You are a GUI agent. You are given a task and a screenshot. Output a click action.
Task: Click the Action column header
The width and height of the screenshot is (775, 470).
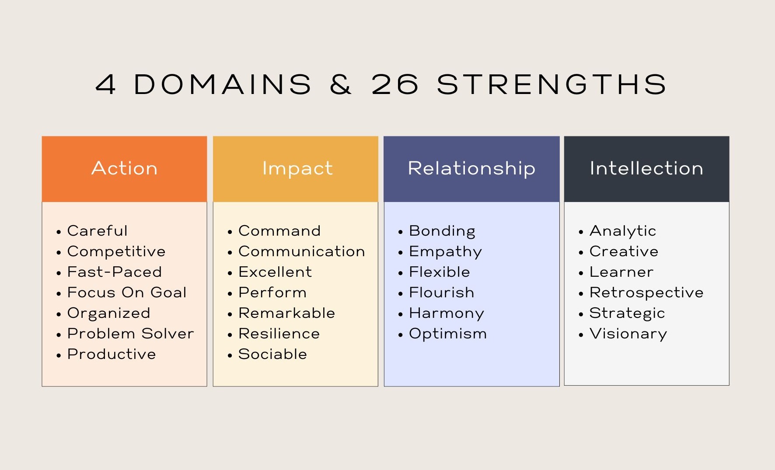tap(124, 168)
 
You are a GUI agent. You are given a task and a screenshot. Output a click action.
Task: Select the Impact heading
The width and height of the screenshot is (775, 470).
tap(297, 169)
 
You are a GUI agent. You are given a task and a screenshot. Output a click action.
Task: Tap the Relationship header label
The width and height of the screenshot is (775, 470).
tap(471, 169)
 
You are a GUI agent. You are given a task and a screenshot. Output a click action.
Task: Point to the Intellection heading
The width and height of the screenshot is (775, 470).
tap(646, 168)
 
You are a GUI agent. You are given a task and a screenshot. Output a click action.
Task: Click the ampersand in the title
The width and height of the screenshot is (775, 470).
tap(341, 84)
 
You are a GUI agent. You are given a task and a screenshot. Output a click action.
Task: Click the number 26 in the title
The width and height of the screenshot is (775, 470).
tap(395, 84)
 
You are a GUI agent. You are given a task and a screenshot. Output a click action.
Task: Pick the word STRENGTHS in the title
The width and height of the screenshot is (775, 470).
tap(552, 84)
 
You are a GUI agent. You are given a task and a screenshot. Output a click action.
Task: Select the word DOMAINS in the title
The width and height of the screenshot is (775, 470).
tap(223, 84)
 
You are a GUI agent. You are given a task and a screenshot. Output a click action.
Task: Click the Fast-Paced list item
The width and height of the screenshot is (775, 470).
tap(115, 272)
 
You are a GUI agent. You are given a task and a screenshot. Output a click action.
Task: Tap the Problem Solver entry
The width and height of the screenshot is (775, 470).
tap(130, 334)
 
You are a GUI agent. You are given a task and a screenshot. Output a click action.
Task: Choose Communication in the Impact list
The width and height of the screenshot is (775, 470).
tap(302, 251)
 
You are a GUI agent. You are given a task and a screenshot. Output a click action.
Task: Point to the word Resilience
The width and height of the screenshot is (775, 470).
tap(279, 334)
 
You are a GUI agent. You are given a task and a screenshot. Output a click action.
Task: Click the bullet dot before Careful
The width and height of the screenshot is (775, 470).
tap(59, 232)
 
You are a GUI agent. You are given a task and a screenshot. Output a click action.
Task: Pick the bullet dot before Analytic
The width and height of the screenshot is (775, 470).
tap(581, 232)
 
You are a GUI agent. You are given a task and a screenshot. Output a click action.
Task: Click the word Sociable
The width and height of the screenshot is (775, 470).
tap(272, 354)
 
